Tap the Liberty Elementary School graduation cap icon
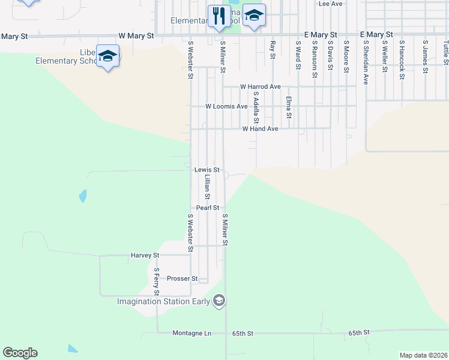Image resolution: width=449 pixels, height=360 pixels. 108,56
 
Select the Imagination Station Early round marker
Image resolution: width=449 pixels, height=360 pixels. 219,301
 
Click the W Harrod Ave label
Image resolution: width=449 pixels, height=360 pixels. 261,87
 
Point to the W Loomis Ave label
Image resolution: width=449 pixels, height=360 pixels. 226,106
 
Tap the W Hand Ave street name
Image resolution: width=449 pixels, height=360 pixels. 260,129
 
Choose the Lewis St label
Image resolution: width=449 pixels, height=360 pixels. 207,170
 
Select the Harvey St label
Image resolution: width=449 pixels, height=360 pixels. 145,255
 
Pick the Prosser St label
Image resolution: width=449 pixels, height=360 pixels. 182,278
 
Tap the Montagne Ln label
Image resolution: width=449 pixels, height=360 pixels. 192,333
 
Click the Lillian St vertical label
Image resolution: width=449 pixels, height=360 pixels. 206,187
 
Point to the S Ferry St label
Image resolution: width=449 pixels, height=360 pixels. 156,281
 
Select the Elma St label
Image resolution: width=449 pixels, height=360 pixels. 288,107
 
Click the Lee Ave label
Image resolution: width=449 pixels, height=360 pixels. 330,4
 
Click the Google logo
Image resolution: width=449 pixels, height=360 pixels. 20,353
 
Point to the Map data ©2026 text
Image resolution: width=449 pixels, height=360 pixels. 423,355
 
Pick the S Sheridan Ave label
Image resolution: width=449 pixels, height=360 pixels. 365,62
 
